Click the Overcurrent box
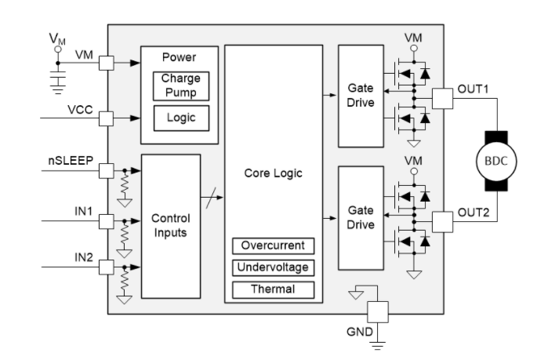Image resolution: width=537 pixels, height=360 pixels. [x=274, y=245]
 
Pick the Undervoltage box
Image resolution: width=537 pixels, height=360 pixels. [x=274, y=267]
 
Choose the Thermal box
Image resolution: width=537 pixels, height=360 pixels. [x=274, y=289]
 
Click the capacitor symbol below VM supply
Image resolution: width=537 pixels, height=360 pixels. [x=56, y=82]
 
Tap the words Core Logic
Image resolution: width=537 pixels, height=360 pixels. [x=274, y=173]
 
